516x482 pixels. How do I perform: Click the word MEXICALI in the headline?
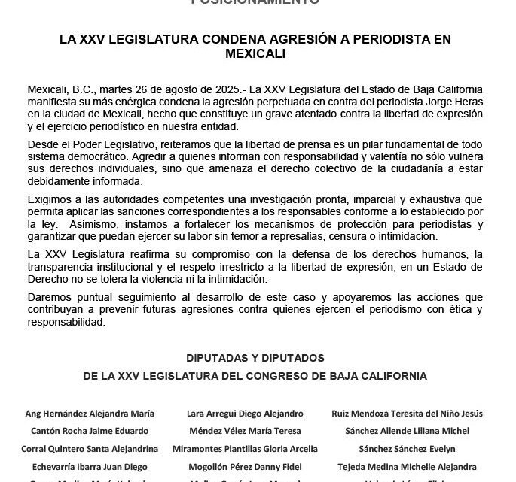point(258,56)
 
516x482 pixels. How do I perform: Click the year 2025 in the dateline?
point(192,90)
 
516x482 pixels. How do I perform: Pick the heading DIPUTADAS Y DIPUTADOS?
point(258,358)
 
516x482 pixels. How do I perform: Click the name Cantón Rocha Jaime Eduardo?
point(90,431)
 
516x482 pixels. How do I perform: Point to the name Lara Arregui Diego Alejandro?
point(245,414)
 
